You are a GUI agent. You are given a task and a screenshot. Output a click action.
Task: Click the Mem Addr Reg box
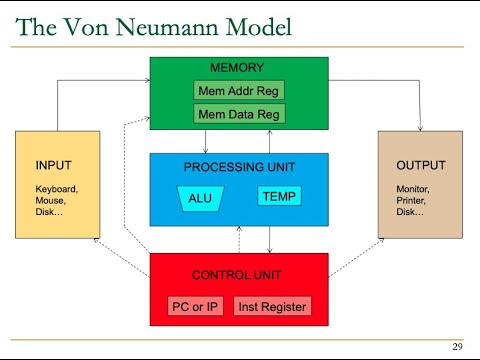239,91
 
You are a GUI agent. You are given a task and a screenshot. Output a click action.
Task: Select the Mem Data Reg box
239,112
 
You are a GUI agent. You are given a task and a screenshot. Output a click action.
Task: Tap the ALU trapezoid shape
200,198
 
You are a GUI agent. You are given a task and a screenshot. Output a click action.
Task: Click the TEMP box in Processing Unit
279,196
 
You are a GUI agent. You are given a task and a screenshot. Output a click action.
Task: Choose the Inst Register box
273,306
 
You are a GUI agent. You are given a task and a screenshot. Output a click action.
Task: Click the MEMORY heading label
237,68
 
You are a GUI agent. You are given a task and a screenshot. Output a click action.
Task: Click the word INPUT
54,165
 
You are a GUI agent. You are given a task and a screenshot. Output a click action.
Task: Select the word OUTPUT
418,165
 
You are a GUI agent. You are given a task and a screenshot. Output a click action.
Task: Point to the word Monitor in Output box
415,188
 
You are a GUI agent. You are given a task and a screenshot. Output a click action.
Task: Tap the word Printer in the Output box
414,199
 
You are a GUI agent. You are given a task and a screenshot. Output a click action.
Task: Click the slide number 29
457,347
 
